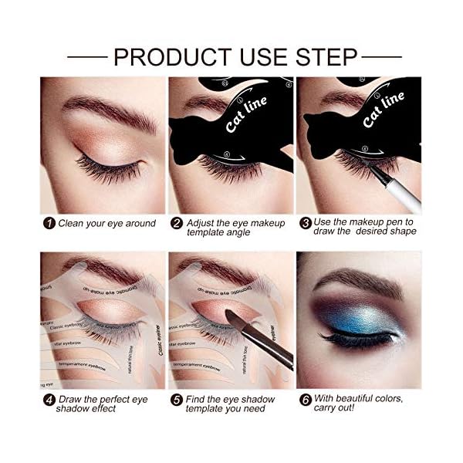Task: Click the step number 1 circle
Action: pos(48,224)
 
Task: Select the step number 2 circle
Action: pos(177,224)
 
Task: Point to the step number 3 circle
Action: pos(306,224)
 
